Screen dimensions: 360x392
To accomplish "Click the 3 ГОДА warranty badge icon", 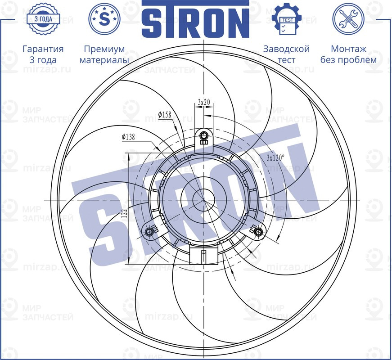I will point(43,19).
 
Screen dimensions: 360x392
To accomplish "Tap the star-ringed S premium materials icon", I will point(104,19).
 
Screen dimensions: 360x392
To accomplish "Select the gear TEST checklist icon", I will point(286,19).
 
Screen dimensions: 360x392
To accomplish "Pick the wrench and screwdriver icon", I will point(348,19).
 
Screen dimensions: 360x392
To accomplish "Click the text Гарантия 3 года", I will point(43,54).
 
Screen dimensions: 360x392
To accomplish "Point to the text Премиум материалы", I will point(104,54).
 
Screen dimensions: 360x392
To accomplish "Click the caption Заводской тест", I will point(286,54).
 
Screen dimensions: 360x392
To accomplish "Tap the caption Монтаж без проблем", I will point(348,54).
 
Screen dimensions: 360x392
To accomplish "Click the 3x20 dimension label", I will point(204,102).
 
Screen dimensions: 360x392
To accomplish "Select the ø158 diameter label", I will point(165,115).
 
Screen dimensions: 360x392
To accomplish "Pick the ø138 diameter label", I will point(128,137).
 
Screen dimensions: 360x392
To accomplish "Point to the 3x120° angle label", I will point(276,158).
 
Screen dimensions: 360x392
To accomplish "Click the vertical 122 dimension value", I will point(124,213).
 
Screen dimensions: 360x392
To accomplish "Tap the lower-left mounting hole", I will point(149,231).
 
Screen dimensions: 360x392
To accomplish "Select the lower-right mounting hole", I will point(258,231).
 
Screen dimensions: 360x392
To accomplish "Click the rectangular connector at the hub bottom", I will point(204,256).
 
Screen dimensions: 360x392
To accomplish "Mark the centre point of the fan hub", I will point(204,199).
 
